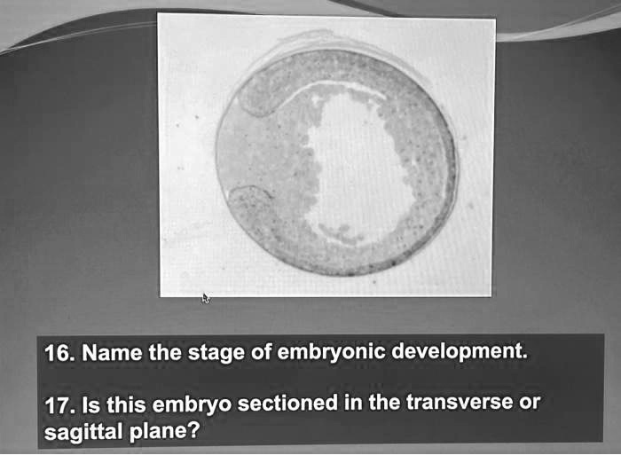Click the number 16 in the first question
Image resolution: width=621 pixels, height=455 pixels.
pos(57,354)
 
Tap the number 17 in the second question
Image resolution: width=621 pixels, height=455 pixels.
pos(57,407)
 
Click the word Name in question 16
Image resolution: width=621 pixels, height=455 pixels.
pos(114,353)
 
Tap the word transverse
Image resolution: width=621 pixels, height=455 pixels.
pos(459,404)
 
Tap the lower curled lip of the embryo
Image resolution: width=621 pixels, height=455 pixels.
pos(249,199)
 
